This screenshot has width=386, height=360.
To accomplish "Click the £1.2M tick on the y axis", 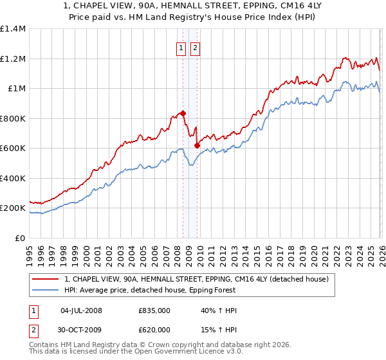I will [x=13, y=59].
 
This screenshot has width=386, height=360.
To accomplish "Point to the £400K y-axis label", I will [x=13, y=178].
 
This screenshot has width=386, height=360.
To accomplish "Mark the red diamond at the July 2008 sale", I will [x=183, y=113].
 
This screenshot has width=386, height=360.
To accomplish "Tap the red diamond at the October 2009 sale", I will [x=197, y=145].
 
